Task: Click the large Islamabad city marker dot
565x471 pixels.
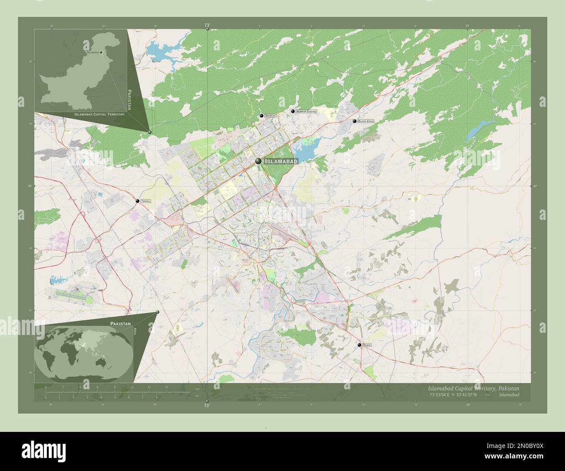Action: click(259, 161)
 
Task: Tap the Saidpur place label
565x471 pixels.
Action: click(271, 116)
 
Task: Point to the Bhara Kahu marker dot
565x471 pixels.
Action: click(355, 121)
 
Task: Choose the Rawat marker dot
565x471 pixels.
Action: click(359, 345)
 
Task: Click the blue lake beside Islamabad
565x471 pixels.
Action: click(306, 151)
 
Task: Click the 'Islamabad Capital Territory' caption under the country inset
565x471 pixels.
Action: click(100, 114)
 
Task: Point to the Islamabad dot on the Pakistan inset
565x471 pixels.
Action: click(101, 52)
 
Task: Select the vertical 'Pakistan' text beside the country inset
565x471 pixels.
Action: click(129, 100)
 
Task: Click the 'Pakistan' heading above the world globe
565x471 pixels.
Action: click(120, 324)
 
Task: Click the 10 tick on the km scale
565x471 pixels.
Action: click(132, 387)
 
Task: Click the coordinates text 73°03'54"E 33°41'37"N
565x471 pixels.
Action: click(453, 395)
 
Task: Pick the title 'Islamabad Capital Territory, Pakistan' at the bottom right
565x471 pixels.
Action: click(473, 388)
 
